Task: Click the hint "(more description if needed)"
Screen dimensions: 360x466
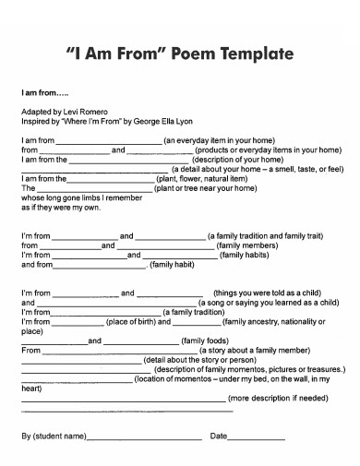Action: (277, 398)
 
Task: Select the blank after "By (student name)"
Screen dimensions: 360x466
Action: (145, 436)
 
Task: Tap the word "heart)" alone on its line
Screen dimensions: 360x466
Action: (31, 388)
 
